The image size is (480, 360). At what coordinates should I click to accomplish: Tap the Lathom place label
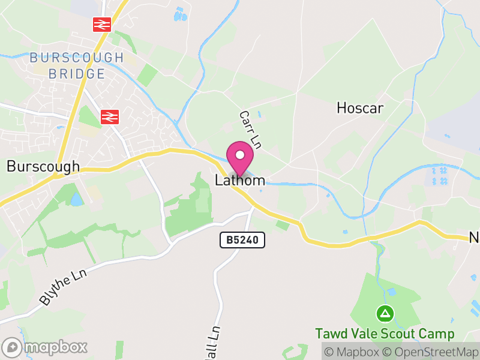coord(240,180)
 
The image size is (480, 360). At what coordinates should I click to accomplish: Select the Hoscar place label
coord(360,108)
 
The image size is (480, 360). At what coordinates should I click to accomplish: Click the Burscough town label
coord(43,166)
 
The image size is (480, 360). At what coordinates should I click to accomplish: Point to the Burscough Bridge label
coord(76,66)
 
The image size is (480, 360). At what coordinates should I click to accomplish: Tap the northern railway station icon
coord(102,25)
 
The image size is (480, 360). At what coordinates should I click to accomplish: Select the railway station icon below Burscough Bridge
coord(110,116)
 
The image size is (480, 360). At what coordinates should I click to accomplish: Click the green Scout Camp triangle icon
coord(385,313)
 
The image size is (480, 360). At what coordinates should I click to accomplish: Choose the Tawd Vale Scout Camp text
coord(385,334)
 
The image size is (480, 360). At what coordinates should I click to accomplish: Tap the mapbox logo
coord(45,347)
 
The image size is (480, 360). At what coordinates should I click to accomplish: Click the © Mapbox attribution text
coord(353,352)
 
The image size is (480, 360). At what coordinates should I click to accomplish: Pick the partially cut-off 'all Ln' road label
coord(212,343)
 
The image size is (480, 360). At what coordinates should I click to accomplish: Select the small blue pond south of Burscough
coord(77,199)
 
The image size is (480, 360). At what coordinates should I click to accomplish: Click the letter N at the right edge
coord(474,238)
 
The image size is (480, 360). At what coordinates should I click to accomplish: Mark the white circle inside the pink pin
coord(240,155)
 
